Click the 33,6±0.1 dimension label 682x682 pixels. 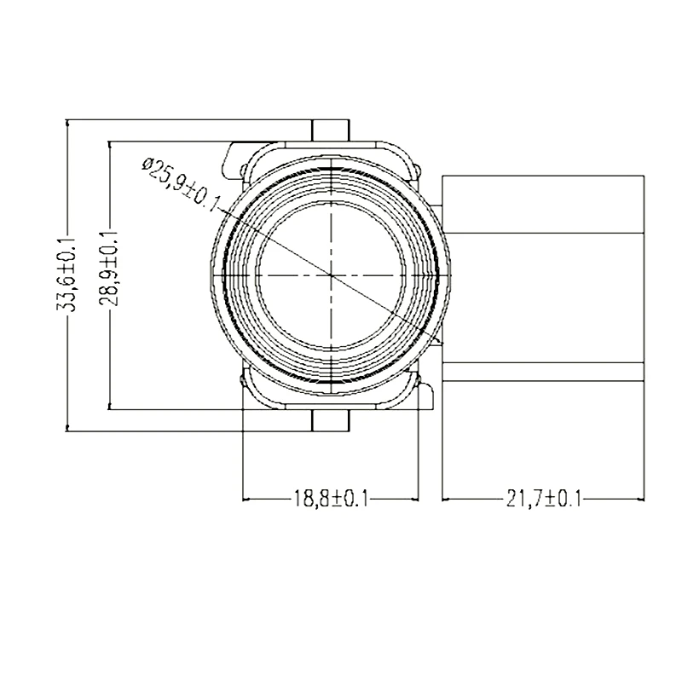66,275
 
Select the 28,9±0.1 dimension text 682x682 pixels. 109,269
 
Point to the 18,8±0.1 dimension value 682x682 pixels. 331,499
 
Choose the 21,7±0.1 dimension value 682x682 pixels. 544,499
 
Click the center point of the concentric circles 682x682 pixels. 331,275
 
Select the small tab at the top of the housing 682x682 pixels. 331,130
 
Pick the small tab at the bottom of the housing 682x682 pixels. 331,420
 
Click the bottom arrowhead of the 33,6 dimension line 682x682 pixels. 67,427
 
